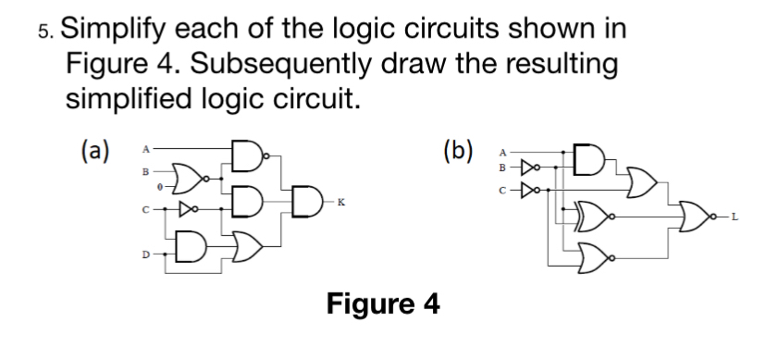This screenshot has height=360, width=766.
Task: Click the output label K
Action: (x=341, y=203)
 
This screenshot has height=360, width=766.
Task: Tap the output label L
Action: (x=734, y=217)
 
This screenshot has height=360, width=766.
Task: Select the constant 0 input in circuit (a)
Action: (x=159, y=187)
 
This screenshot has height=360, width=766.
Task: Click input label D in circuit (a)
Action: (x=145, y=254)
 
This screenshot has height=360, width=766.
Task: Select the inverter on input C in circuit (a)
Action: (x=188, y=209)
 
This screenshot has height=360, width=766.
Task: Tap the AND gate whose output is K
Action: (x=307, y=201)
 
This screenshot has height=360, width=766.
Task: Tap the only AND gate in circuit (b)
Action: (x=589, y=159)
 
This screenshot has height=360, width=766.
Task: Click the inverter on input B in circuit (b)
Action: (x=530, y=168)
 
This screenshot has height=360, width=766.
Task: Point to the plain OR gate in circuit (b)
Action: (x=641, y=182)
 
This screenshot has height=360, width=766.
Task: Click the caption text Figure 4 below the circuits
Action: (x=383, y=304)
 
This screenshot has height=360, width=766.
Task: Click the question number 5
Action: (x=45, y=31)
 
